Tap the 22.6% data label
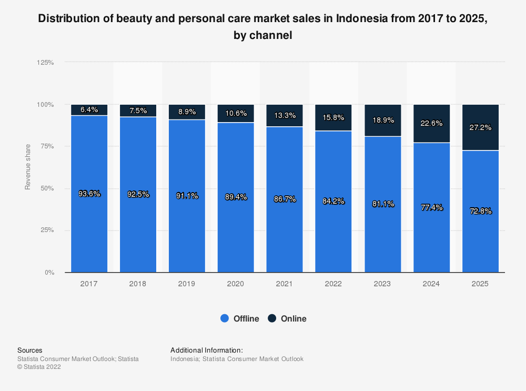tap(431, 124)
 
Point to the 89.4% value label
tap(236, 196)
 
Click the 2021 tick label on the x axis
tap(285, 284)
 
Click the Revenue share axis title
tap(28, 167)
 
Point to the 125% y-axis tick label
tap(45, 62)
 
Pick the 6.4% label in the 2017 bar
tap(89, 110)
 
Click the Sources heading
tap(30, 350)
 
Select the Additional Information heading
tap(207, 350)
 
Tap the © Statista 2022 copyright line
tap(39, 367)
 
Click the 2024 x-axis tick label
tap(431, 284)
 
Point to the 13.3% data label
tap(285, 115)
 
